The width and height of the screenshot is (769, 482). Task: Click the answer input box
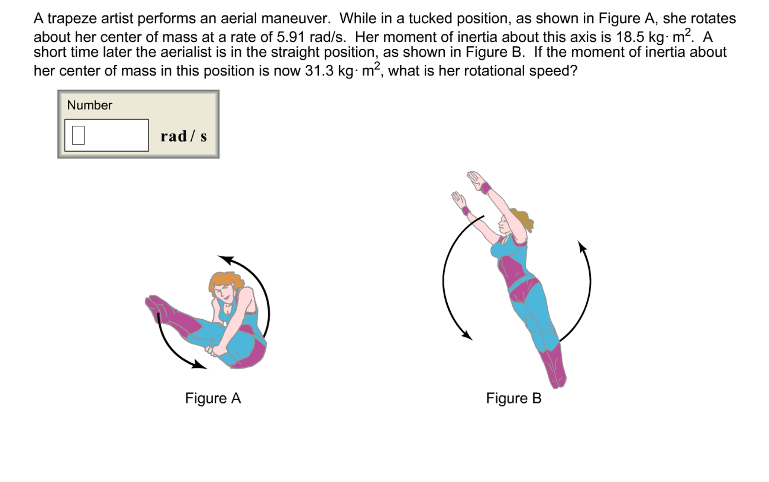pyautogui.click(x=106, y=135)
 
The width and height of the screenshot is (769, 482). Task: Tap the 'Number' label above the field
pyautogui.click(x=89, y=105)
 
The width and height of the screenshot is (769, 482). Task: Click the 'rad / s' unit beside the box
pyautogui.click(x=183, y=136)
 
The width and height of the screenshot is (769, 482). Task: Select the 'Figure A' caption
pyautogui.click(x=213, y=398)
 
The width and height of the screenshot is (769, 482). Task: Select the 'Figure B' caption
pyautogui.click(x=513, y=398)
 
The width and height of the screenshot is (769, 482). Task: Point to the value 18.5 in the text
pyautogui.click(x=630, y=37)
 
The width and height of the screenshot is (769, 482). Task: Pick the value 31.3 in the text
pyautogui.click(x=319, y=71)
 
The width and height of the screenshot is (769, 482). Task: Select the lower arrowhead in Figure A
pyautogui.click(x=199, y=365)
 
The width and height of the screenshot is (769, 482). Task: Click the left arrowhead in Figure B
pyautogui.click(x=467, y=335)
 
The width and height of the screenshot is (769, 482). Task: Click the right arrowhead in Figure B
pyautogui.click(x=582, y=247)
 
